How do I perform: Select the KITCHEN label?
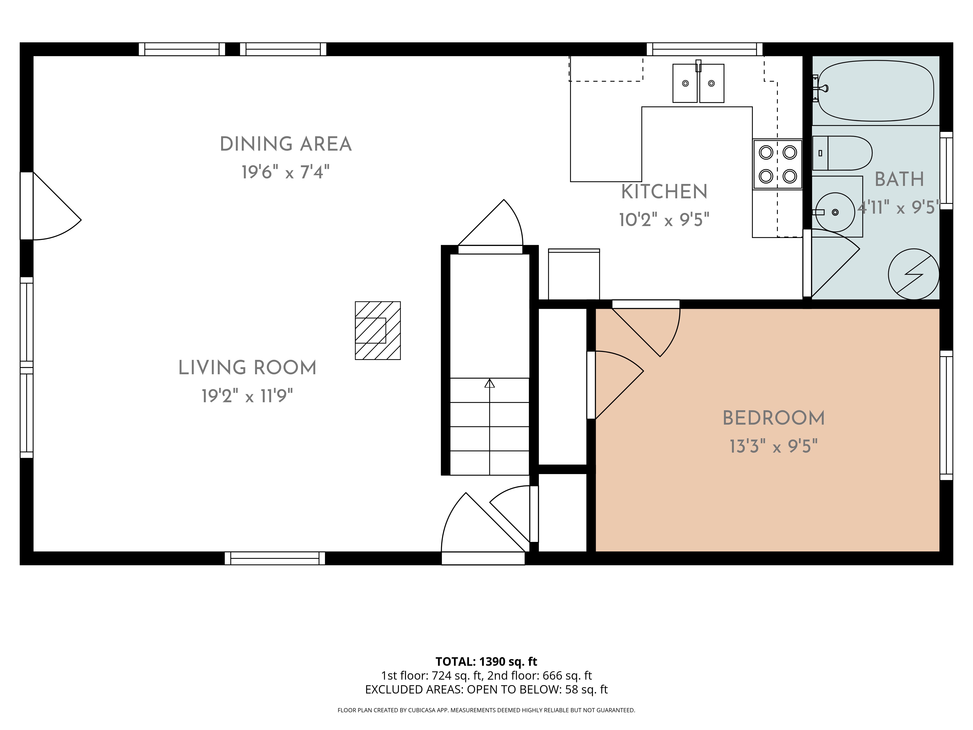pyautogui.click(x=664, y=192)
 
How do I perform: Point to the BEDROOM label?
pyautogui.click(x=774, y=418)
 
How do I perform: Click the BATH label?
pyautogui.click(x=899, y=179)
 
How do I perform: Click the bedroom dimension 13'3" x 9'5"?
pyautogui.click(x=774, y=446)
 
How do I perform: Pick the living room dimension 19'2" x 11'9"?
pyautogui.click(x=247, y=396)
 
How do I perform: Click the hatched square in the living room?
pyautogui.click(x=378, y=330)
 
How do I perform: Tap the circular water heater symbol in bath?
pyautogui.click(x=914, y=274)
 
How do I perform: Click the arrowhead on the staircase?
pyautogui.click(x=490, y=383)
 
